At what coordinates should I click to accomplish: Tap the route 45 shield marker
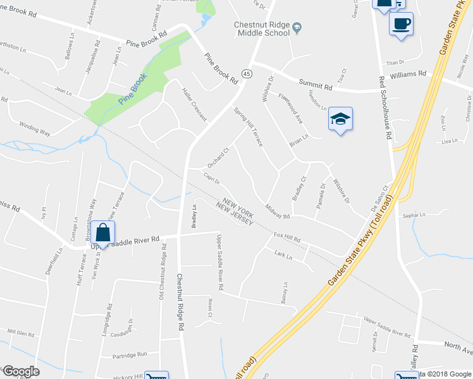tap(246, 73)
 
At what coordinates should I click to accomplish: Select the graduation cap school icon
tap(340, 119)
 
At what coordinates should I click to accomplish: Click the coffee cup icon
tap(401, 25)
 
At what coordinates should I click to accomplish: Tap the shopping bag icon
tap(102, 232)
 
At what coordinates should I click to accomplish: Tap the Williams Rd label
tap(408, 75)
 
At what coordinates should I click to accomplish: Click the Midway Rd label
tap(278, 214)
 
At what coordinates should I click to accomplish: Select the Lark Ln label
tap(283, 256)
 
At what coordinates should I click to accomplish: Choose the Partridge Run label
tap(130, 354)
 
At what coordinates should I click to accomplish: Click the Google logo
tap(20, 372)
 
